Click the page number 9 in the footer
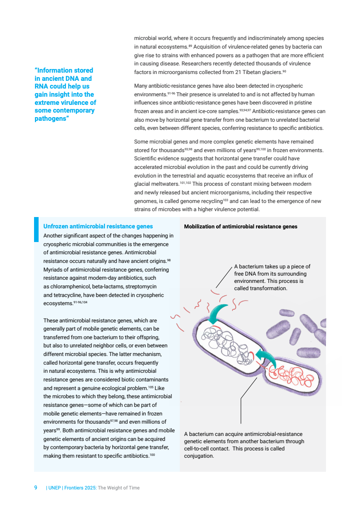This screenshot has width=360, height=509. [36, 488]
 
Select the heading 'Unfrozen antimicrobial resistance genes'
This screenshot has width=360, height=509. [98, 226]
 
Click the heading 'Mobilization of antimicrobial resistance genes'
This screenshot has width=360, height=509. [241, 227]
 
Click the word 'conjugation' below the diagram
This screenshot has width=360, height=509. [198, 456]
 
